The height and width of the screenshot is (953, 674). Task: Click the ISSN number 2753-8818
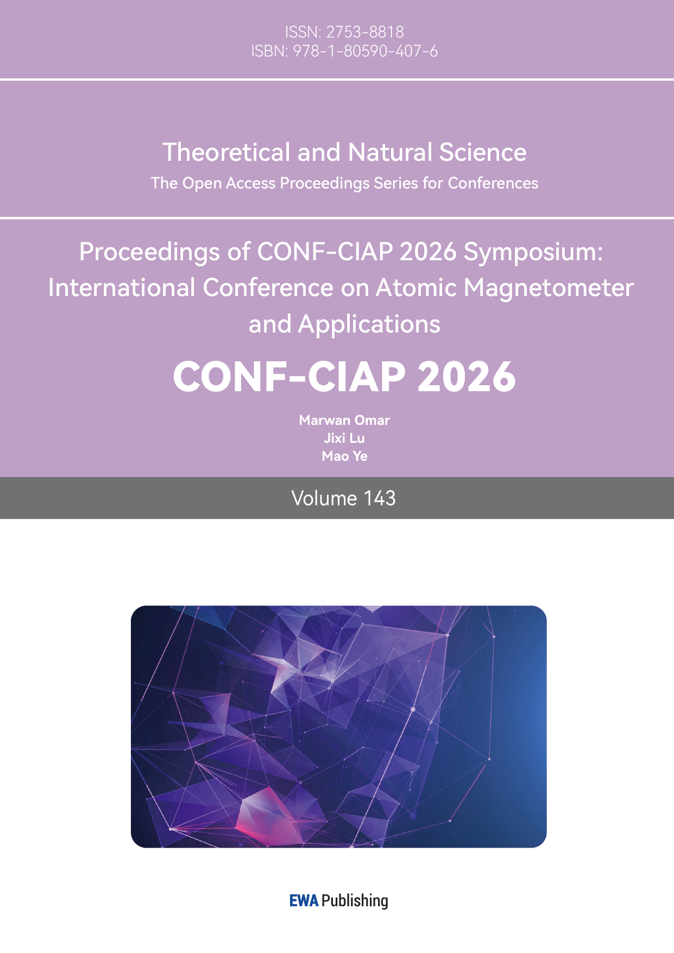pos(365,32)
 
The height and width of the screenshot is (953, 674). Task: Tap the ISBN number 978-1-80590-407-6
pos(365,52)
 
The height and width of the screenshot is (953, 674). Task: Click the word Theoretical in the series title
pos(226,152)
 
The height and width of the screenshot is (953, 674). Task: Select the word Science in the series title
pos(483,152)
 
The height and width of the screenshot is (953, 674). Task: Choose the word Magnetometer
pos(549,288)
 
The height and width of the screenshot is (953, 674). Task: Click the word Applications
pos(369,324)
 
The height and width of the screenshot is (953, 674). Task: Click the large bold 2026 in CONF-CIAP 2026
pos(467,377)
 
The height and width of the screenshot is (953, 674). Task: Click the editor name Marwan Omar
pos(344,420)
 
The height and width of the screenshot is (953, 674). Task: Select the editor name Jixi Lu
pos(344,438)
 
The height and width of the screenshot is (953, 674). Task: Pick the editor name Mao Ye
pos(344,456)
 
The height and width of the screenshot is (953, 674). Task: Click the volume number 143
pos(380,498)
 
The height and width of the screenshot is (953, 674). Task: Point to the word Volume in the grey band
pos(324,498)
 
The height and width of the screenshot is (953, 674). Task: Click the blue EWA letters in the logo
pos(304,901)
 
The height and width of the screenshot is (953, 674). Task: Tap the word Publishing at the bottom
pos(355,901)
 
